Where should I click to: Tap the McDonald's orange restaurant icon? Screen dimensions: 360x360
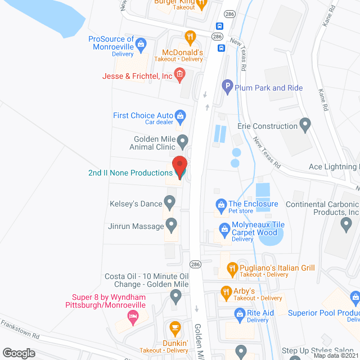[191, 37]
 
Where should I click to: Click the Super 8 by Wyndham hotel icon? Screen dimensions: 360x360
[133, 318]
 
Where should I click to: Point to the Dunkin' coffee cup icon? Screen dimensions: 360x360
[175, 327]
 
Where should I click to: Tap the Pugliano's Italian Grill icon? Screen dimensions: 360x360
[231, 269]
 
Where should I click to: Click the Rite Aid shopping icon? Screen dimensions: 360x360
[238, 313]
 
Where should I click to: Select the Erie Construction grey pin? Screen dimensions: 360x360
[306, 124]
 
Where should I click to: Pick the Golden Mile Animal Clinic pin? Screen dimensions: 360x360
[182, 140]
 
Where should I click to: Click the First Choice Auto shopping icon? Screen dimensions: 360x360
[181, 116]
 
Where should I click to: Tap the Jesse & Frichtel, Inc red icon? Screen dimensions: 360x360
[179, 74]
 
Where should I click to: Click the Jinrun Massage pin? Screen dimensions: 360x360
[172, 226]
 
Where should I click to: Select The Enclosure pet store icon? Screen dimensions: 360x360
[220, 204]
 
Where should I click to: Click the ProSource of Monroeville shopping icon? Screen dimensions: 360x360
[141, 43]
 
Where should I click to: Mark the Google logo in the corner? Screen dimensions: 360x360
[19, 353]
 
